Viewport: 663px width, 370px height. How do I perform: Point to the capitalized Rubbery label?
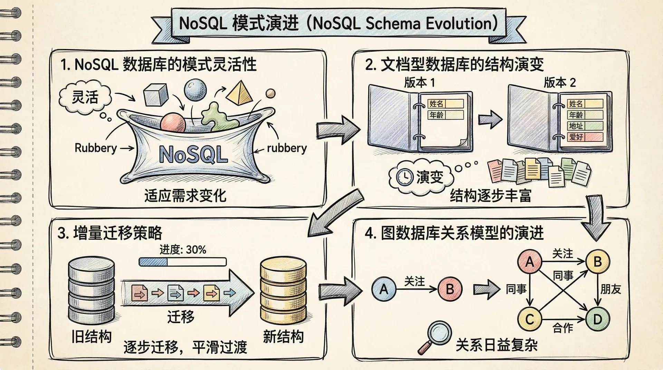pos(96,148)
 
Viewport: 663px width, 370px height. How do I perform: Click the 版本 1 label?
pos(419,83)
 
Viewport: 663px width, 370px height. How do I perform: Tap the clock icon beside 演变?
pos(404,177)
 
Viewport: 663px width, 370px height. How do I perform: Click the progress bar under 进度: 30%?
pos(182,262)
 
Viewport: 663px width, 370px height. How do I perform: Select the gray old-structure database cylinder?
pos(92,290)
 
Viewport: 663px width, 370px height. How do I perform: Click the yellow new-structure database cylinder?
pos(283,290)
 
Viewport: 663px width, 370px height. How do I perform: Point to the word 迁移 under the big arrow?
pos(181,317)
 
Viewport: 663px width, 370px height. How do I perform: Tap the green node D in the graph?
pos(598,319)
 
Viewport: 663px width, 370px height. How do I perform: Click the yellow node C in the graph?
pos(530,319)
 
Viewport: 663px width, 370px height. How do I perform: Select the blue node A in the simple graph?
pos(384,289)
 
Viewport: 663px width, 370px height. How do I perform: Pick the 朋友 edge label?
pos(611,289)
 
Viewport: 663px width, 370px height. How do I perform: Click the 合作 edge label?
pos(563,328)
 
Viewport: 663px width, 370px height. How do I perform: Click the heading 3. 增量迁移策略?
pos(110,233)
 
